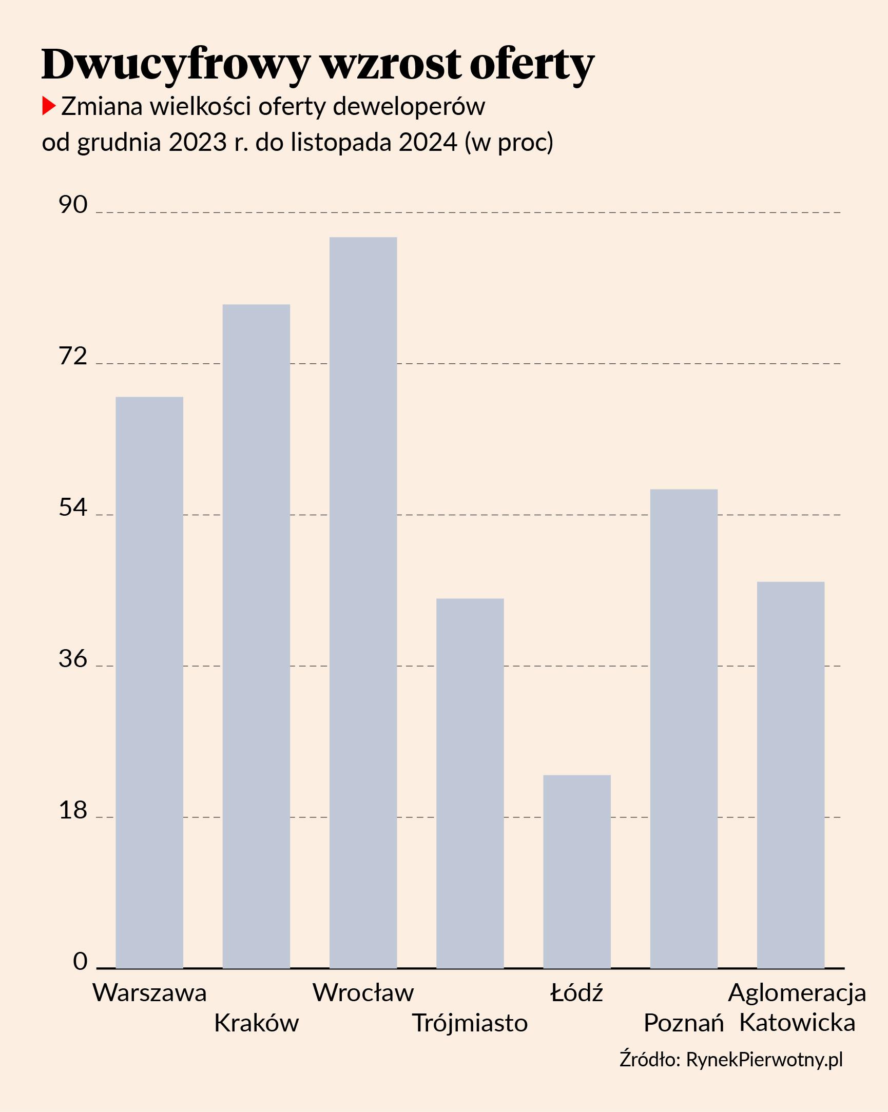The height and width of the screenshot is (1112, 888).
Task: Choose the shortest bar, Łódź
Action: click(577, 871)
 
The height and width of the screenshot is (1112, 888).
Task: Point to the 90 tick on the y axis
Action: click(73, 205)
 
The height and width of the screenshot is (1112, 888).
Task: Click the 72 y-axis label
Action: click(73, 357)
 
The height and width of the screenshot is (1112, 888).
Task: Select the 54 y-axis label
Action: click(73, 508)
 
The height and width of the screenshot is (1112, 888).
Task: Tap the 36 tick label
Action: click(73, 659)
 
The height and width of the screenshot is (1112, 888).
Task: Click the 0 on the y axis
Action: click(80, 961)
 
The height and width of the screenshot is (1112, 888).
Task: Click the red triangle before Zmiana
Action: click(48, 106)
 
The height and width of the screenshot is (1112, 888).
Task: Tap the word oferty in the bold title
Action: click(532, 65)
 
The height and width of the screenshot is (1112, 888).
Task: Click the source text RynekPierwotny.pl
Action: click(764, 1059)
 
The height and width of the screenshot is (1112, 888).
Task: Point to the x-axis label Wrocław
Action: click(363, 993)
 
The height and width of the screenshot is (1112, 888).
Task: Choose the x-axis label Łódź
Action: click(577, 993)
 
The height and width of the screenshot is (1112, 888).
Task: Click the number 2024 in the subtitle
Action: click(428, 142)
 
